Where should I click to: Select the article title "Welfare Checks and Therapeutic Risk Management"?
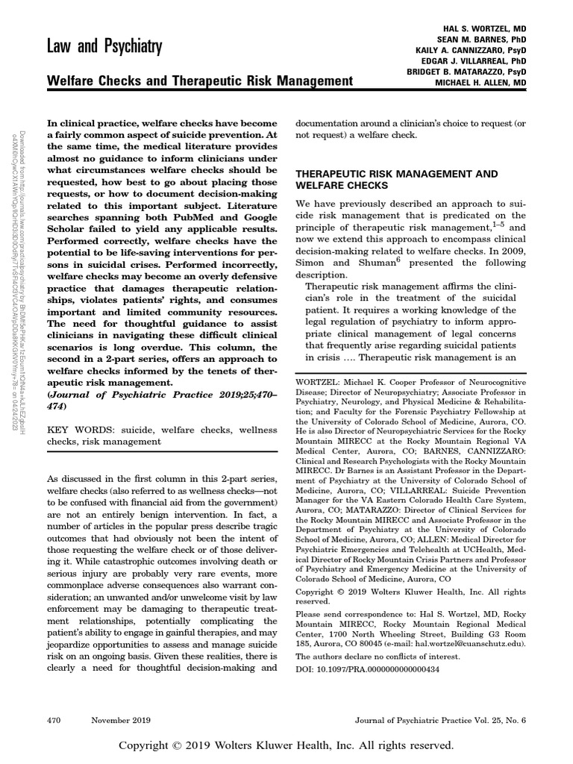pyautogui.click(x=199, y=81)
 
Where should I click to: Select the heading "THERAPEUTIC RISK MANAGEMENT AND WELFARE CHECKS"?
pyautogui.click(x=396, y=178)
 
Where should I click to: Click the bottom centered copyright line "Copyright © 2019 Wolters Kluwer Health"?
pyautogui.click(x=286, y=745)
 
